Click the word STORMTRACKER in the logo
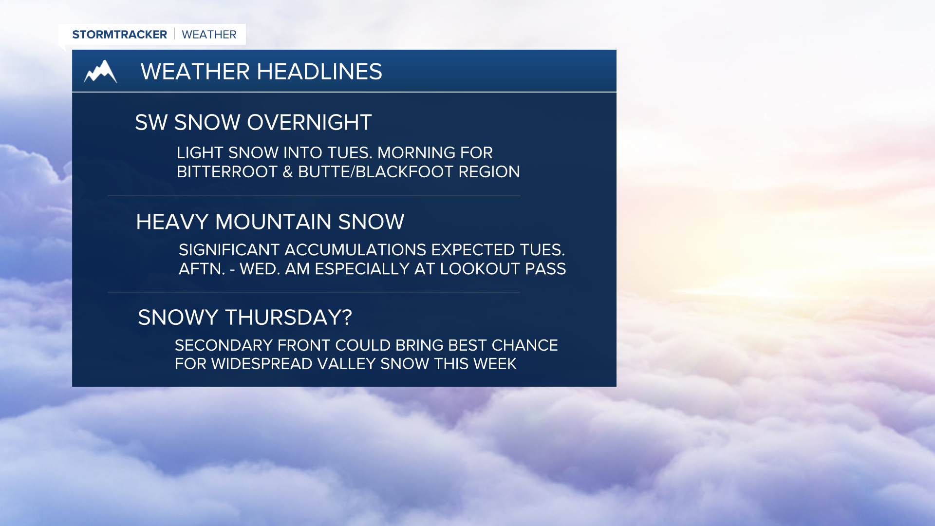click(x=119, y=35)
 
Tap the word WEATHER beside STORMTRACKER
click(x=209, y=35)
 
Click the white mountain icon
click(x=100, y=72)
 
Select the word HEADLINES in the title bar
click(x=319, y=72)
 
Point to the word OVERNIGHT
click(x=309, y=122)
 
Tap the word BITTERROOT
click(x=226, y=172)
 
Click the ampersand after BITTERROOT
click(x=287, y=172)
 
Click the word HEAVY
click(x=172, y=222)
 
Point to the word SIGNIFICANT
click(x=228, y=250)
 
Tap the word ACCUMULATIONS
click(x=355, y=250)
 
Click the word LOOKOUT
click(x=480, y=269)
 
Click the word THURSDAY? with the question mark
click(x=288, y=318)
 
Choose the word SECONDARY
click(x=224, y=345)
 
